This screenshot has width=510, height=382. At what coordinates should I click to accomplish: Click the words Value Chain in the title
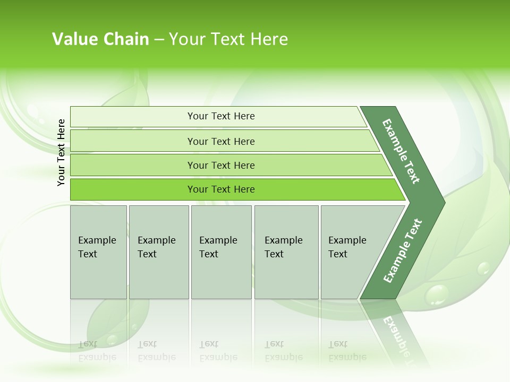pos(100,39)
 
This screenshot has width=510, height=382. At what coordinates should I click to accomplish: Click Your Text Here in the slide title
pos(228,39)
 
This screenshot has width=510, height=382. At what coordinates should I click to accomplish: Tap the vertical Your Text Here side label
pos(61,152)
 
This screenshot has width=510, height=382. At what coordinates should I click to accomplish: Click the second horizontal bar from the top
pos(220,141)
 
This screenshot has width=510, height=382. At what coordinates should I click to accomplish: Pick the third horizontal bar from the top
pos(220,165)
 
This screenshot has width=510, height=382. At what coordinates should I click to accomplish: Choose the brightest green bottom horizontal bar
pos(220,189)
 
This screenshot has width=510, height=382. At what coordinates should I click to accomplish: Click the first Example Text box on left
pos(98,252)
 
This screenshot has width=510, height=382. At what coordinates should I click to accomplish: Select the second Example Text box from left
pos(159,252)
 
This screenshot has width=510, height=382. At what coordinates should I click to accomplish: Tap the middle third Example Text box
pos(221,252)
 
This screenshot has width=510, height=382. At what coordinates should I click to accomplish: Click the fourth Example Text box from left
pos(286,252)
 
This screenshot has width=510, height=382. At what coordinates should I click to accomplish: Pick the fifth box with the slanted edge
pos(351,252)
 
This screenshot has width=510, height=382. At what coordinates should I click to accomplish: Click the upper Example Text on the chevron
pos(401,151)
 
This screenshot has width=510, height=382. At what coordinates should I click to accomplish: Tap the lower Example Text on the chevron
pos(402,251)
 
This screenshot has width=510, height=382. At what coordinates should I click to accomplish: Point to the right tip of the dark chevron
pos(444,202)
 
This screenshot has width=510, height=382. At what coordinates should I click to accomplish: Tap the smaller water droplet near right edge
pos(483,268)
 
